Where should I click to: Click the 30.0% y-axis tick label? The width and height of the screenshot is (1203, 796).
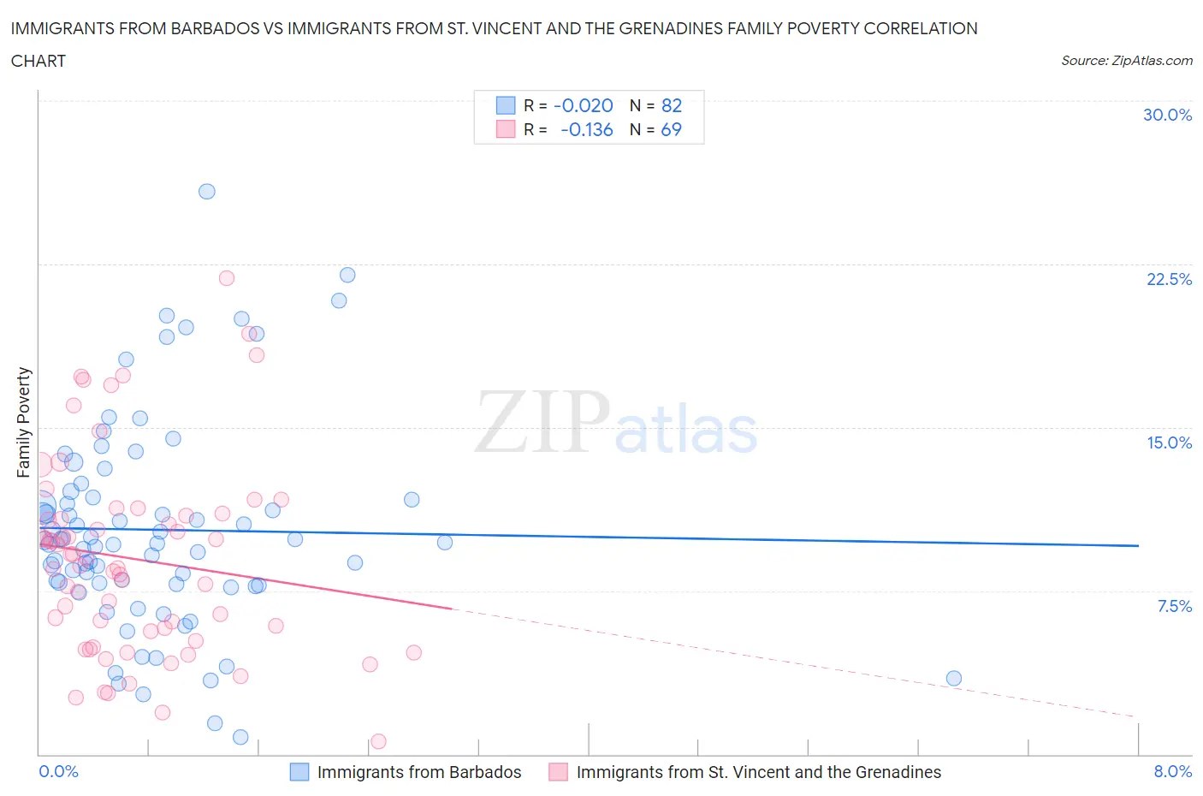(x=1167, y=115)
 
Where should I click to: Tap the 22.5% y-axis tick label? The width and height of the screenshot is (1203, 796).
(x=1169, y=279)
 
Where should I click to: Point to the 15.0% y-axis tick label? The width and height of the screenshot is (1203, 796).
(x=1169, y=443)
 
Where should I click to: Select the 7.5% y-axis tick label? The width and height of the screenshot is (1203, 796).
(x=1174, y=606)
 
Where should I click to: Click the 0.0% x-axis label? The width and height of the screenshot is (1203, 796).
(x=58, y=771)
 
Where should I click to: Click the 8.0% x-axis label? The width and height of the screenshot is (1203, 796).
(x=1172, y=771)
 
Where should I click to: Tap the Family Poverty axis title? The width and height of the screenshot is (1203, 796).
(x=23, y=422)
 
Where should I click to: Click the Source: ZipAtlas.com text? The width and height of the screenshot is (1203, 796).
(x=1126, y=60)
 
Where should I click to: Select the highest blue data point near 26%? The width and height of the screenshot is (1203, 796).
(x=206, y=192)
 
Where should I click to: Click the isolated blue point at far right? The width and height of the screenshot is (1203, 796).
(x=953, y=679)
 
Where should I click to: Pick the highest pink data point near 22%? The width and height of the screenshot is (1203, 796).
(x=227, y=278)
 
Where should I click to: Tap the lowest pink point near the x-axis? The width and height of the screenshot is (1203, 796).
(x=378, y=741)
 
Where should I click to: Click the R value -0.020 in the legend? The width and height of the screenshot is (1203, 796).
(x=584, y=105)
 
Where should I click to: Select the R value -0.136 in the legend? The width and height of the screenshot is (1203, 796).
(x=586, y=129)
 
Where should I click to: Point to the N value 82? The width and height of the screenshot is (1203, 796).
(x=672, y=105)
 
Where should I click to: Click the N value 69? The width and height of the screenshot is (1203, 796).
(x=672, y=129)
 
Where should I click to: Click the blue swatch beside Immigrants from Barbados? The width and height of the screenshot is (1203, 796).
(x=299, y=772)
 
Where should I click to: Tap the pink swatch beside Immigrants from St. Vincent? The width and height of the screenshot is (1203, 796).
(x=558, y=772)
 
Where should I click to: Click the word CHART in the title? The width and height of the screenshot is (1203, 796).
(x=39, y=61)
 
